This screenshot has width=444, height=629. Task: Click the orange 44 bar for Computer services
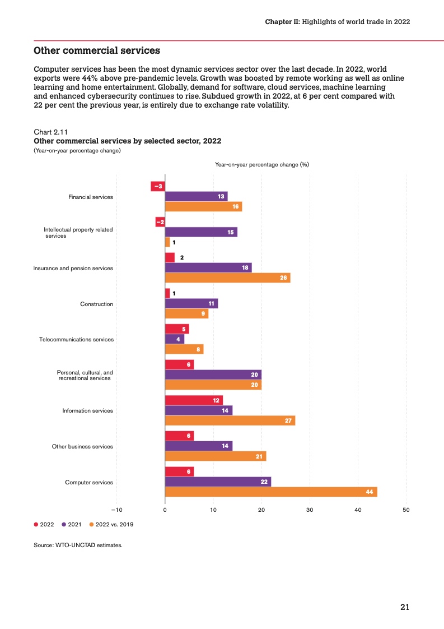pos(271,492)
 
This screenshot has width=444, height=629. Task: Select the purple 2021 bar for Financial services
pos(197,196)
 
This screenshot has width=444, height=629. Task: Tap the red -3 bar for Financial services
pos(158,186)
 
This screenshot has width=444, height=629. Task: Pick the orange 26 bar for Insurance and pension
pos(228,277)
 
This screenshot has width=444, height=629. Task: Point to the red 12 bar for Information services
pos(194,400)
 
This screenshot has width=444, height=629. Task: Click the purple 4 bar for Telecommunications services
pos(175,339)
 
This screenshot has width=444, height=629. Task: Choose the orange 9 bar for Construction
pos(186,314)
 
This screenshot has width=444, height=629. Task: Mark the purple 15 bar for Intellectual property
pos(201,232)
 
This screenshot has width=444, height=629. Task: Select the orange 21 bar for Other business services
pos(216,456)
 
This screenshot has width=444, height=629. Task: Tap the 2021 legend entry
pos(72,525)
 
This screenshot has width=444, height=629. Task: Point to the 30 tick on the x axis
pos(310,510)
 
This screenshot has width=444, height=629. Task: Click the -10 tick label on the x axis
pos(116,510)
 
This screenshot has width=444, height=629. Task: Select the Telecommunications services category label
pos(76,340)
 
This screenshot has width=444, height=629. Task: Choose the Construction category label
pos(97,304)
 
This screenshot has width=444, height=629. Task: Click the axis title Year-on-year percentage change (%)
pos(262,165)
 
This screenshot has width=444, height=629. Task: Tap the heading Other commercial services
pos(97,51)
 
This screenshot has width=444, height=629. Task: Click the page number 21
pos(405,607)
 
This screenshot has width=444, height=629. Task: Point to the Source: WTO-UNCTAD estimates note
pos(78,545)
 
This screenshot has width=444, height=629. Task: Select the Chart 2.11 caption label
pos(50,132)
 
